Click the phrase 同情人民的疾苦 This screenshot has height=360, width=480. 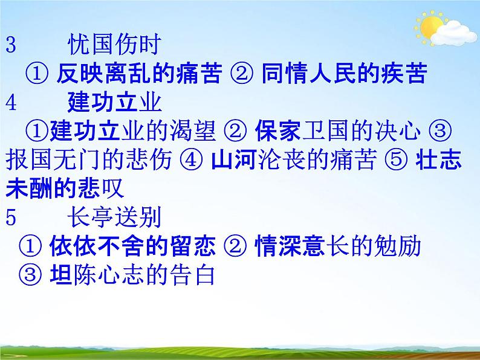pyautogui.click(x=345, y=74)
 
